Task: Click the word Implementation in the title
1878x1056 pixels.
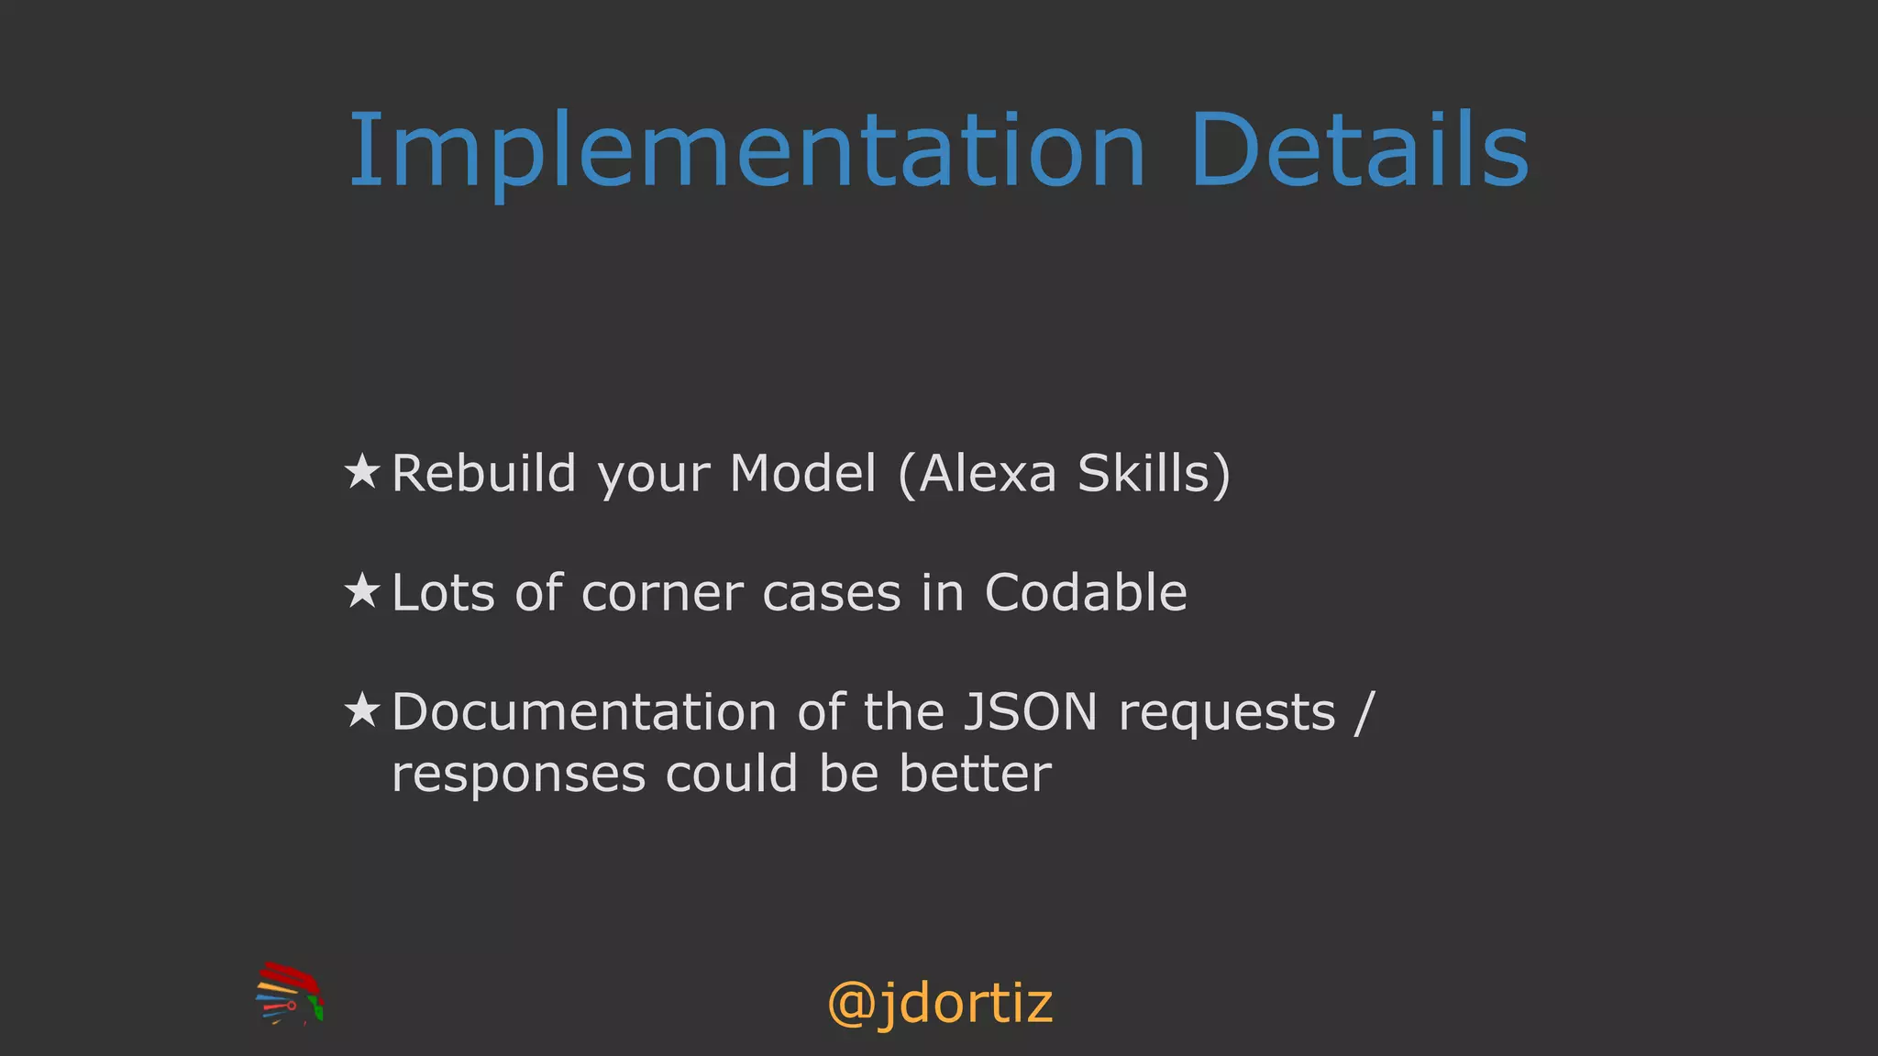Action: click(x=747, y=151)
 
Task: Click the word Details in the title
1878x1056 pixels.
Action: click(x=1360, y=151)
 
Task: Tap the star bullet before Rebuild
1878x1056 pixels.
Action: click(x=362, y=473)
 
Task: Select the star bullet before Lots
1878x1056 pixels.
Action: click(x=362, y=591)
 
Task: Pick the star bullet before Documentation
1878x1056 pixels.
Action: click(x=362, y=710)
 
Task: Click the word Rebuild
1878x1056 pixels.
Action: click(x=484, y=474)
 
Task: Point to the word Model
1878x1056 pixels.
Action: click(x=803, y=474)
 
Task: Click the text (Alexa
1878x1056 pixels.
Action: click(x=978, y=474)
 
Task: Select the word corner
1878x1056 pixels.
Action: click(x=662, y=593)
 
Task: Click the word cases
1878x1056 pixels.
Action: click(x=832, y=593)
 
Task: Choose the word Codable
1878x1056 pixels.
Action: click(x=1086, y=593)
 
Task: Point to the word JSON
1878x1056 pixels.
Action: click(x=1031, y=712)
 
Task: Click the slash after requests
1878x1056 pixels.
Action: click(x=1365, y=712)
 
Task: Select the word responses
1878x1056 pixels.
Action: click(x=518, y=775)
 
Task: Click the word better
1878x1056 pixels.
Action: click(x=976, y=774)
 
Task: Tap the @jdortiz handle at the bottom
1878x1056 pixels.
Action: click(x=940, y=1004)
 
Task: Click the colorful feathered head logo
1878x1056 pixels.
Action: click(x=290, y=994)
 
